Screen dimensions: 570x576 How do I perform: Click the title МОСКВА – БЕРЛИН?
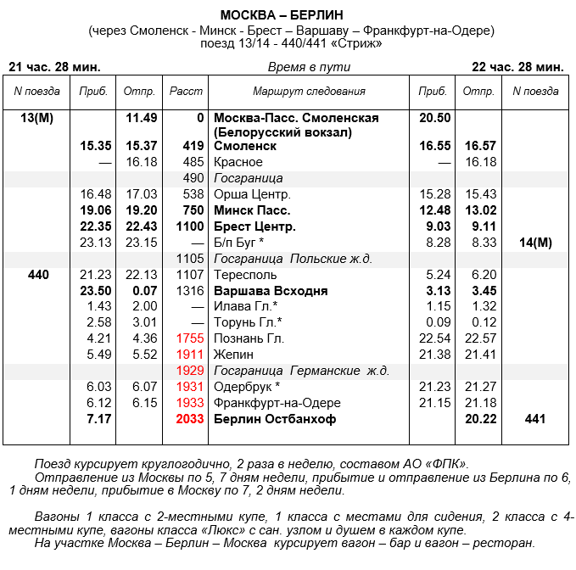pyautogui.click(x=288, y=15)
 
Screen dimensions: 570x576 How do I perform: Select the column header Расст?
pyautogui.click(x=186, y=91)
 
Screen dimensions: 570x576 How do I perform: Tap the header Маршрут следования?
pyautogui.click(x=309, y=91)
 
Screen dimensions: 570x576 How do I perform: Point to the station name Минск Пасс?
pyautogui.click(x=252, y=210)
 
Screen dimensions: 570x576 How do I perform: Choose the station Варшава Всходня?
pyautogui.click(x=271, y=290)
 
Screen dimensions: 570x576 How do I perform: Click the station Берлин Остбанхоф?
pyautogui.click(x=275, y=419)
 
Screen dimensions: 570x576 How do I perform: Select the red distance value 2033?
pyautogui.click(x=189, y=419)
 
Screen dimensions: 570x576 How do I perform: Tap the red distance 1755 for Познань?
pyautogui.click(x=189, y=338)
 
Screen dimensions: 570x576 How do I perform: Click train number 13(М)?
pyautogui.click(x=36, y=118)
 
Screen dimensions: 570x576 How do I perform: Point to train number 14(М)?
pyautogui.click(x=534, y=243)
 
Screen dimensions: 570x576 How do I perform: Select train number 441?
pyautogui.click(x=534, y=419)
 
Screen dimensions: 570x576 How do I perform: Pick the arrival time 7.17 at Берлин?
pyautogui.click(x=99, y=419)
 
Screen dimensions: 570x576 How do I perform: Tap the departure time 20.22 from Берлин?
pyautogui.click(x=480, y=419)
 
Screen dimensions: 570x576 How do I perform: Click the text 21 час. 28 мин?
pyautogui.click(x=54, y=66)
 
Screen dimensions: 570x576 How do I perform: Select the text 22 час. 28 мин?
pyautogui.click(x=517, y=66)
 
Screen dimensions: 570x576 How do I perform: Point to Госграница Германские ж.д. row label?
pyautogui.click(x=301, y=371)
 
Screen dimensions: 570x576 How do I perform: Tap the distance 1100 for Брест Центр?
pyautogui.click(x=189, y=226)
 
